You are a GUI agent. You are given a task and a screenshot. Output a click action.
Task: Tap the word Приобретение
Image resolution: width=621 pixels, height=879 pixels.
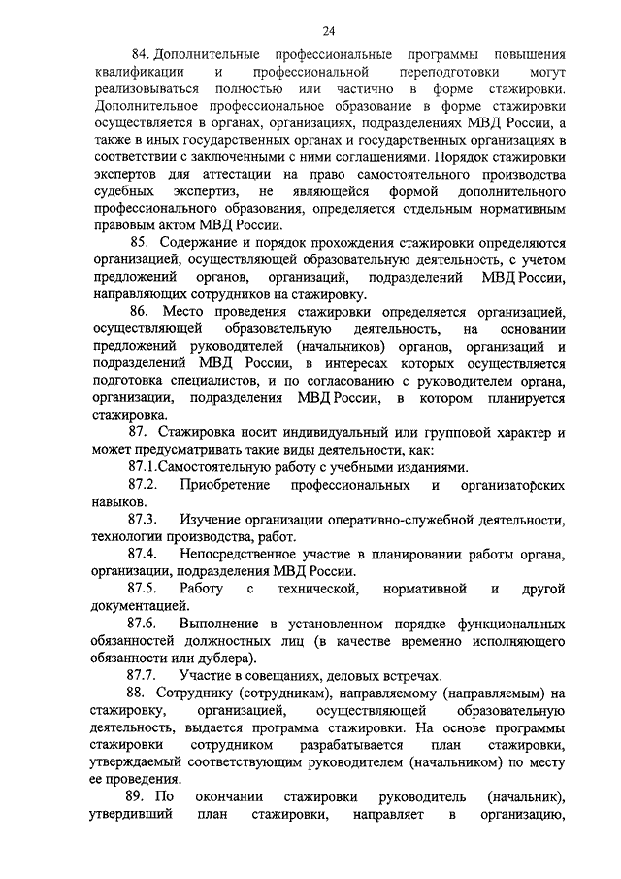[x=224, y=485]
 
